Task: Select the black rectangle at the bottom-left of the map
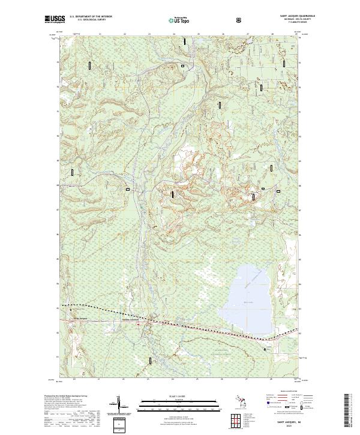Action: [150, 360]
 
